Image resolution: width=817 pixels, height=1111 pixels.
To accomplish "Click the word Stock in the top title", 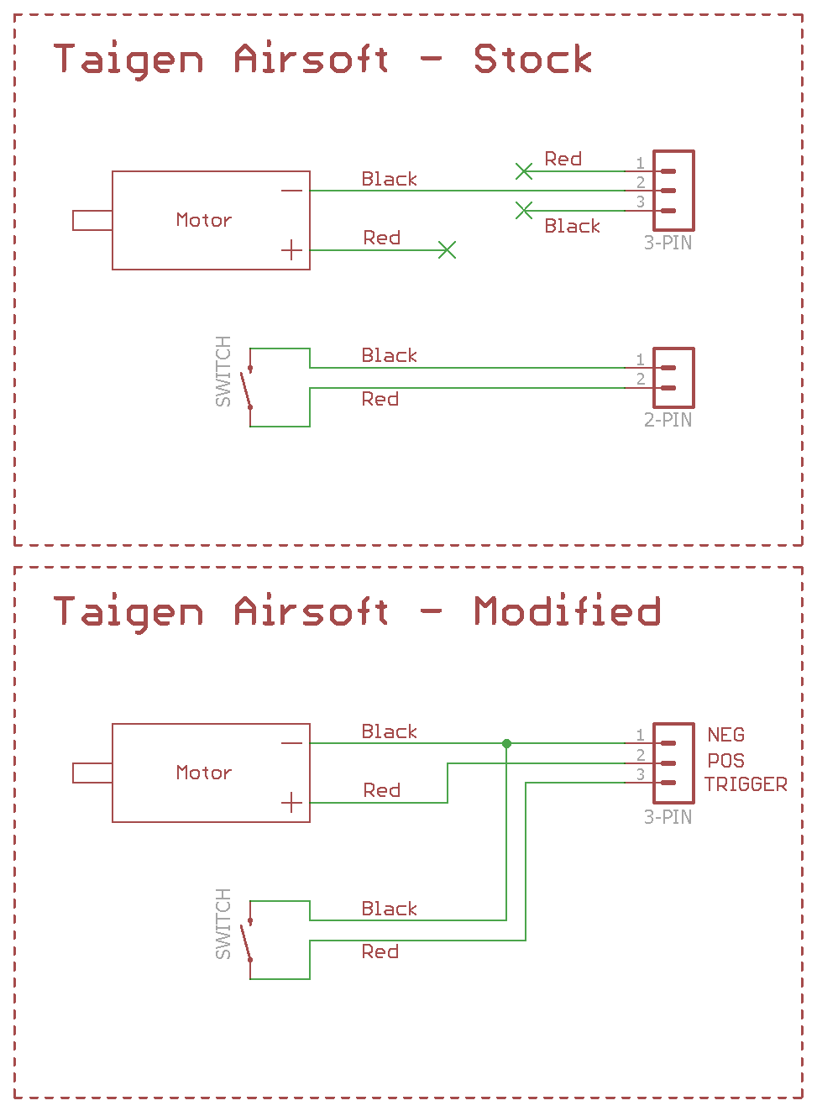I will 532,59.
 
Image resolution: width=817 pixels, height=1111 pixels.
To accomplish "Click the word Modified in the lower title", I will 568,611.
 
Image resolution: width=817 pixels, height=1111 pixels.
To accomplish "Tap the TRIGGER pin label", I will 746,784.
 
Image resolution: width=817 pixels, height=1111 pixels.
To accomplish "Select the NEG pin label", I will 725,736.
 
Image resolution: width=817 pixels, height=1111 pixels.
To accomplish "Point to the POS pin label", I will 725,761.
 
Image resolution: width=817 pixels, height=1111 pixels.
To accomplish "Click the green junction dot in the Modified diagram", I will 506,743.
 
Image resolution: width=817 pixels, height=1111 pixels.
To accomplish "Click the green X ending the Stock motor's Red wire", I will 448,250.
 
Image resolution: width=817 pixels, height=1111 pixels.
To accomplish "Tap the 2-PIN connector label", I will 668,420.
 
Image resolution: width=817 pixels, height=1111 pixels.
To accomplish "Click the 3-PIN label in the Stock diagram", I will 668,244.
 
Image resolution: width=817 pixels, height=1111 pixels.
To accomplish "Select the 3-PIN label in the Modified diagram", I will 668,817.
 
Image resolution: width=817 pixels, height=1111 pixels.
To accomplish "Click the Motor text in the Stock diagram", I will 203,220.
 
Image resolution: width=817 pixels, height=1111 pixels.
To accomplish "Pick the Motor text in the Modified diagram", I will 203,773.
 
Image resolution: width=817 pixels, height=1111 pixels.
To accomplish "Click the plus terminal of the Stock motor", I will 291,250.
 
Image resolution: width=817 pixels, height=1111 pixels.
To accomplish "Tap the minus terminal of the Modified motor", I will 291,743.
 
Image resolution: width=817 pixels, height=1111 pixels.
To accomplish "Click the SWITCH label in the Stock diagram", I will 223,371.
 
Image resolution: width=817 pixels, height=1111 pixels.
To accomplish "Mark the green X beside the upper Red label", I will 524,171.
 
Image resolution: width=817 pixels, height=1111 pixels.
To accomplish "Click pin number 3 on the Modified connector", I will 640,774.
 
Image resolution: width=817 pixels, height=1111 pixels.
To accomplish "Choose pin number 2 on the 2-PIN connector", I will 640,379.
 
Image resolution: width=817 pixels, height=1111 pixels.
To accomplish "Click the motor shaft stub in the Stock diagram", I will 92,220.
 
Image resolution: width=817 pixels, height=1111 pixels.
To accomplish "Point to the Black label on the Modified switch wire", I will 389,909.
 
